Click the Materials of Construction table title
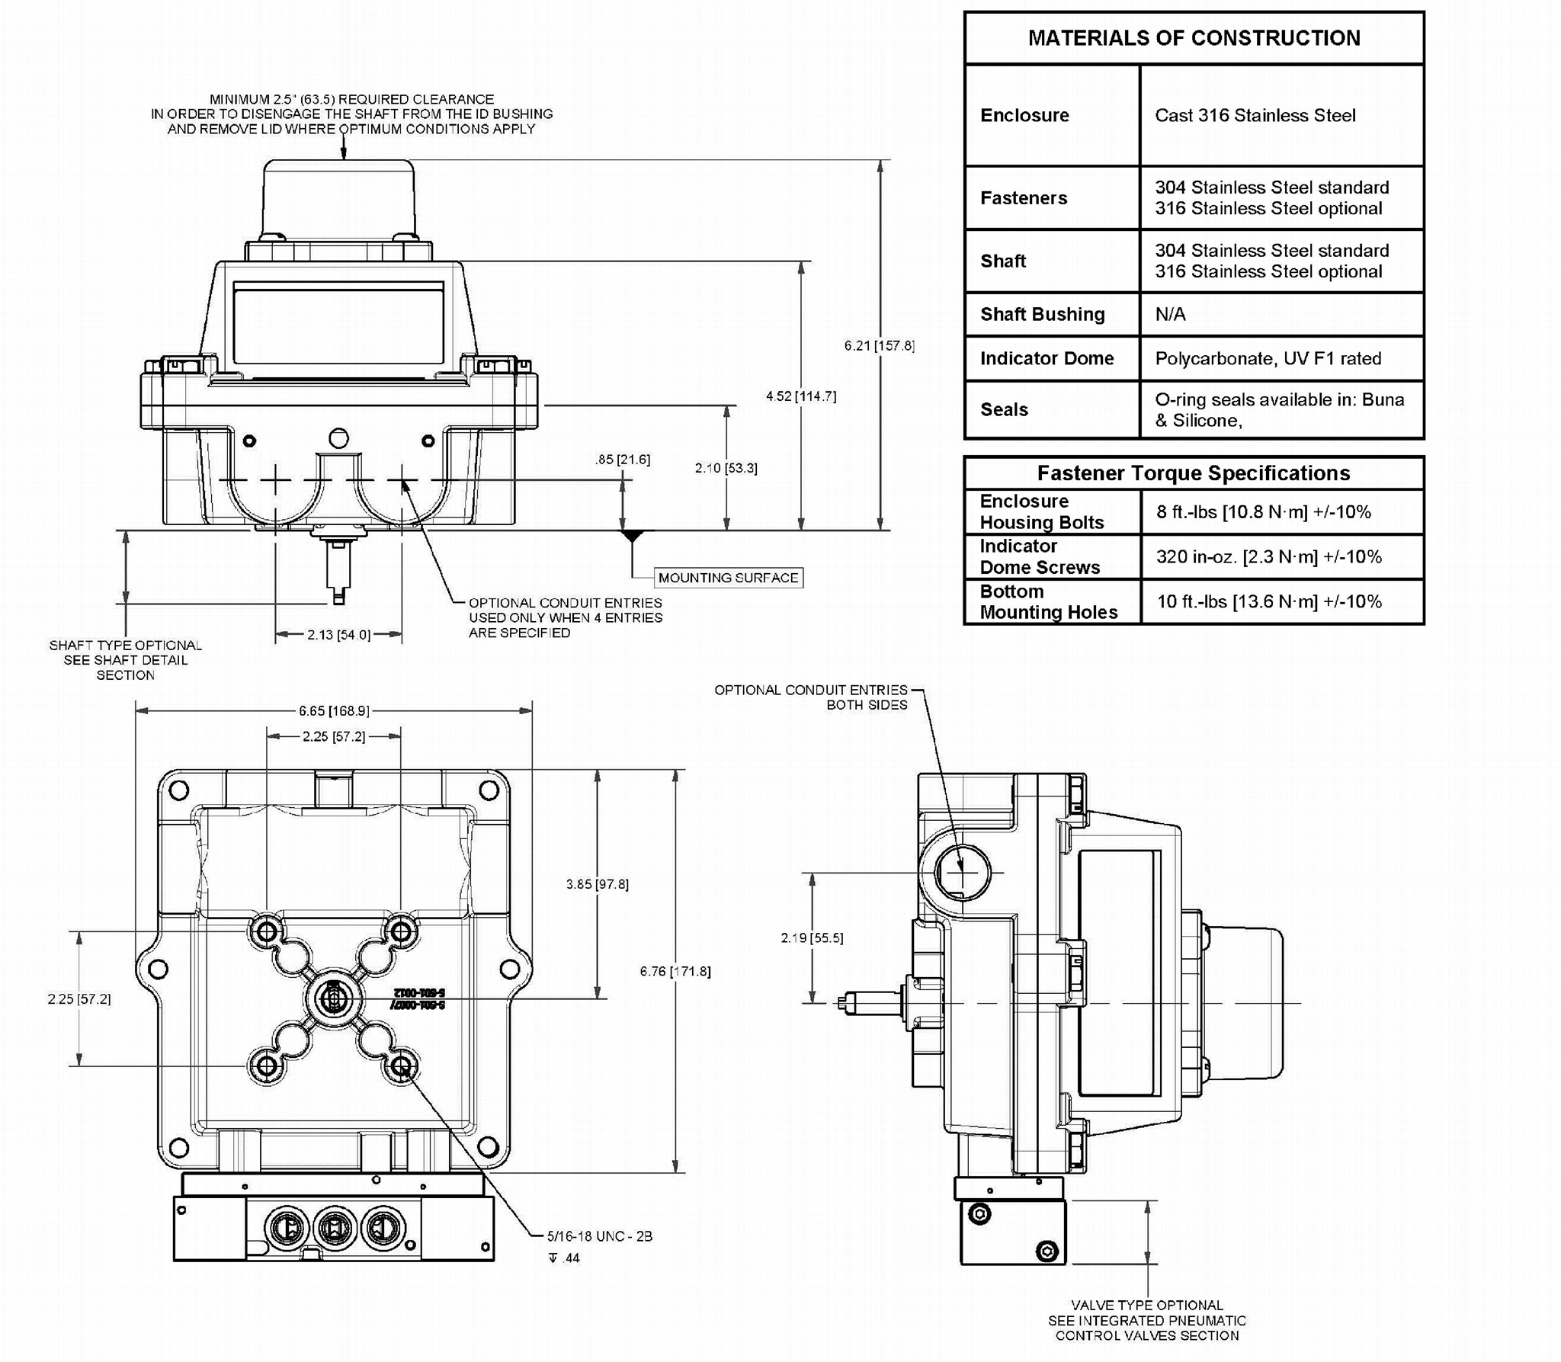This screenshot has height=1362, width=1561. tap(1194, 38)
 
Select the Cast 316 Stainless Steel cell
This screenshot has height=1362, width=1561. tap(1255, 116)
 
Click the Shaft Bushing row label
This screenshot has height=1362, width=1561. tap(1042, 315)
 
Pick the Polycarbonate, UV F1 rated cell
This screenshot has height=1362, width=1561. tap(1268, 359)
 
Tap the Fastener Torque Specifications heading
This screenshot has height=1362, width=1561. tap(1193, 473)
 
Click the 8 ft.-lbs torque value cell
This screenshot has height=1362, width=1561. tap(1263, 512)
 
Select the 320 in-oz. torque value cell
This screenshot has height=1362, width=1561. tap(1268, 557)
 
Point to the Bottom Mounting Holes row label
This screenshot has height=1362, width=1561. tap(1048, 602)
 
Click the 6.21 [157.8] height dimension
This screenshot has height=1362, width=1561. tap(879, 346)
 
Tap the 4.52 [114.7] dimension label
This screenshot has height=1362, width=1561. tap(800, 396)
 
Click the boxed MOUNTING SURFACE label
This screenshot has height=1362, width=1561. tap(728, 578)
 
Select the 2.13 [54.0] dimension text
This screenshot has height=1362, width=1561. tap(338, 635)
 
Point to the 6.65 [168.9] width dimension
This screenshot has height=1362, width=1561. tap(334, 711)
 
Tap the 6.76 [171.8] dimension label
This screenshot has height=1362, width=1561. tap(675, 972)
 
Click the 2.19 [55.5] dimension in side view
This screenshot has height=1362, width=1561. tap(812, 938)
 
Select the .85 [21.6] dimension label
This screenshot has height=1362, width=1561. tap(623, 460)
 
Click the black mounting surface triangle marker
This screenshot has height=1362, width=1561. tap(632, 537)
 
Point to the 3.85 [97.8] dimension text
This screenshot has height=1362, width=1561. tap(597, 884)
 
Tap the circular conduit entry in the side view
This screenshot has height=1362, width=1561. tap(962, 873)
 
